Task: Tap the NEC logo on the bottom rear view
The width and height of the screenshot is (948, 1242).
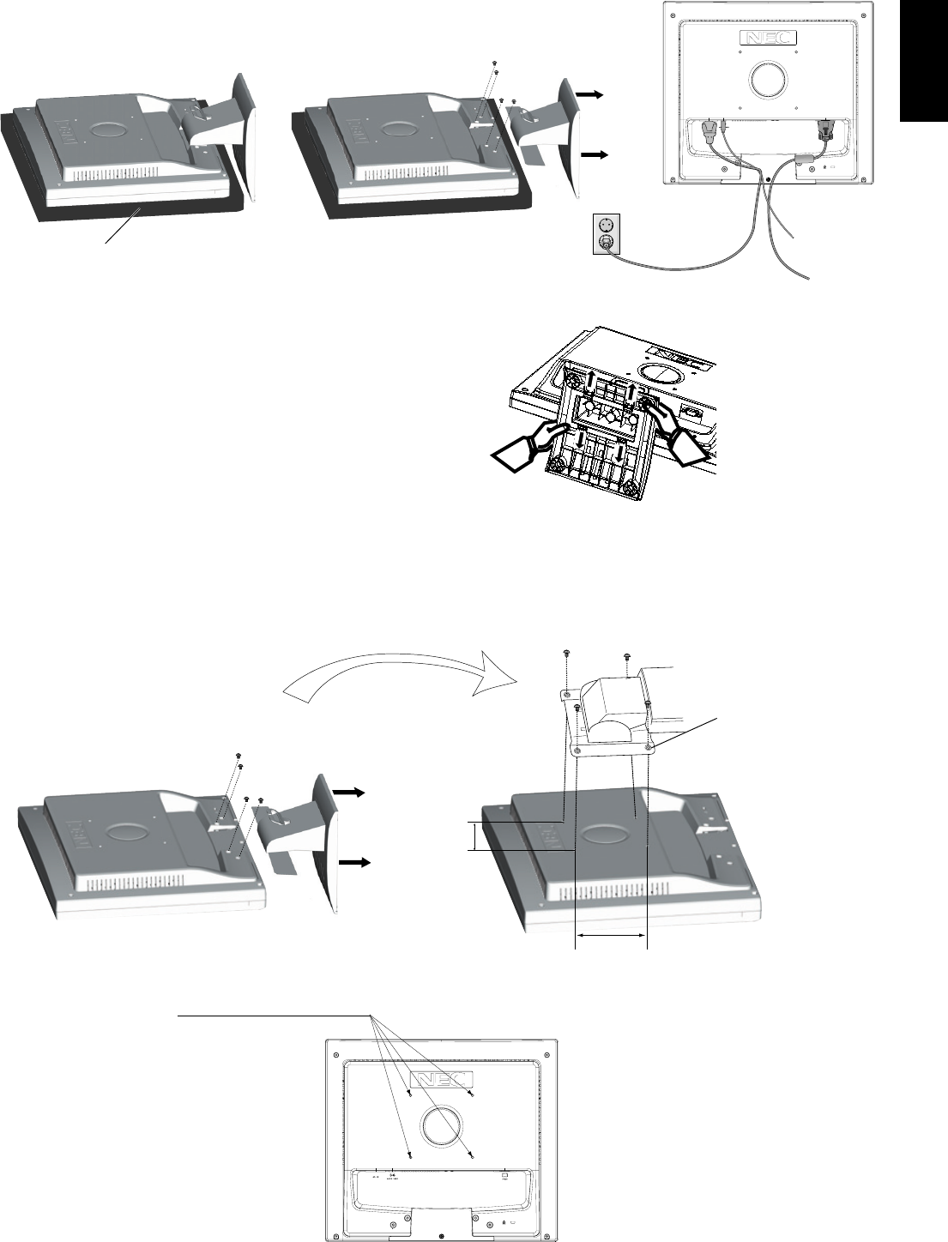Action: click(441, 1078)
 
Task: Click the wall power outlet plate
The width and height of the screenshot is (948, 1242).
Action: click(606, 234)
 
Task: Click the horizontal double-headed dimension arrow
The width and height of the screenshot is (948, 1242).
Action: click(610, 936)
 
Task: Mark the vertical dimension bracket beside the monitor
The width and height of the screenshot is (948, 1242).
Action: click(473, 836)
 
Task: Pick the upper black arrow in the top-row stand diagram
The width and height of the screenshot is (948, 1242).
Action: click(589, 95)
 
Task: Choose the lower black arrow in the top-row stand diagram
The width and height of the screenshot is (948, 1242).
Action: click(594, 155)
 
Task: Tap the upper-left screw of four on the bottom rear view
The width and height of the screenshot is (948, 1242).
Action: click(410, 1094)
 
